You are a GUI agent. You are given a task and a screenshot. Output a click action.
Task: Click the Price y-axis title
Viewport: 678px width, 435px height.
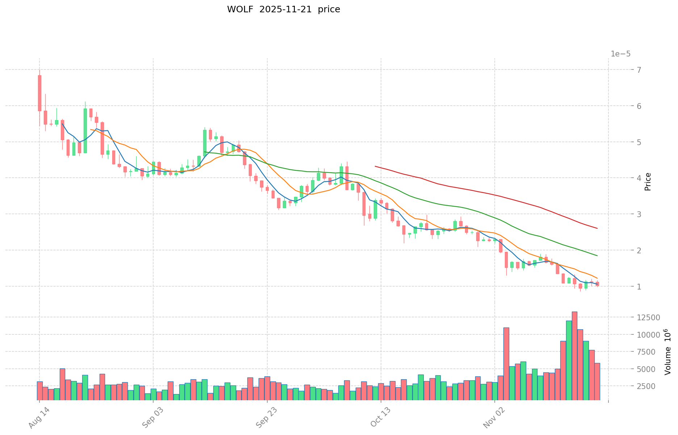(648, 182)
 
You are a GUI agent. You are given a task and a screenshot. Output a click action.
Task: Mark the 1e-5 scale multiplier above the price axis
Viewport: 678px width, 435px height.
(621, 54)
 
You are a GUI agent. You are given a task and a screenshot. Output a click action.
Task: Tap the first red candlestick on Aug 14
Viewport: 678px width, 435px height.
(39, 93)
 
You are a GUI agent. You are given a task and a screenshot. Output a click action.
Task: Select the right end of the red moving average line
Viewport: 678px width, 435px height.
(597, 228)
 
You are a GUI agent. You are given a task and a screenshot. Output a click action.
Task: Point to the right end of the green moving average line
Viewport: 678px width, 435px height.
(597, 256)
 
